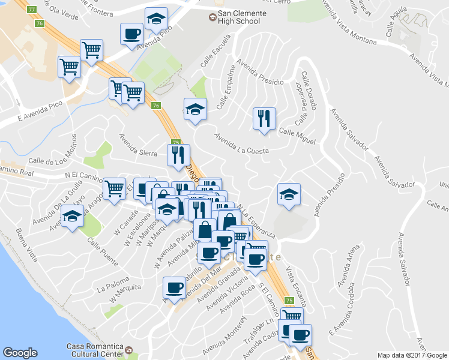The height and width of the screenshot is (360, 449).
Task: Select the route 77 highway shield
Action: coord(32,10)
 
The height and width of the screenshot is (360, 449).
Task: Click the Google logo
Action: coord(20,353)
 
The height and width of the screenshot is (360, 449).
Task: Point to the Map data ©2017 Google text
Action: coord(411,355)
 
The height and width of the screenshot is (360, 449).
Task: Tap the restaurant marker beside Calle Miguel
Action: coord(264,119)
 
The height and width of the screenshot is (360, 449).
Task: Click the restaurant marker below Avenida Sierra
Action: coord(178,155)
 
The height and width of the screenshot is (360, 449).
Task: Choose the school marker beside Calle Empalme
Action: coord(195,109)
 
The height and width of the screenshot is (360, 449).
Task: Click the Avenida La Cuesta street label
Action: coord(241,143)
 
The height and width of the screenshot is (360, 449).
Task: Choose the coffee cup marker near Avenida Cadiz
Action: coord(300,335)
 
